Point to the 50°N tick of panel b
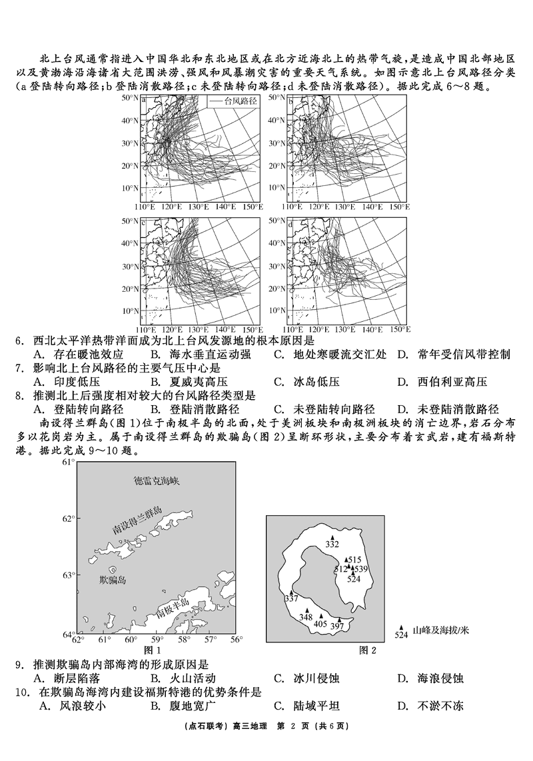[x=276, y=98]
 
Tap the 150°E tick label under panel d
[x=398, y=329]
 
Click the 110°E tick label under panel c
[x=147, y=329]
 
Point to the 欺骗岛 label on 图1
[x=112, y=580]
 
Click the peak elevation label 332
[x=332, y=544]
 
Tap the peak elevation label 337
[x=291, y=598]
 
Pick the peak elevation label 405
[x=320, y=624]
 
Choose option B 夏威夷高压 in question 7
[x=189, y=382]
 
